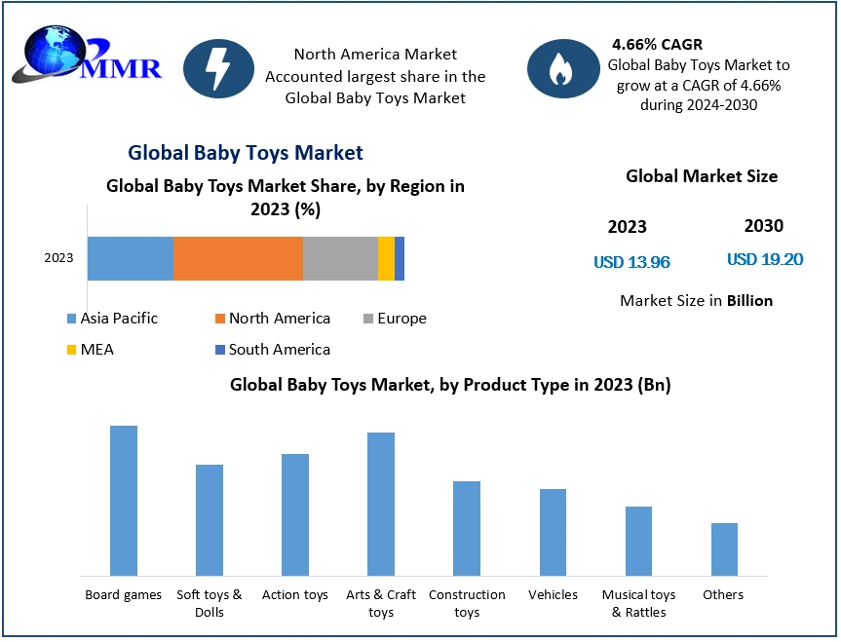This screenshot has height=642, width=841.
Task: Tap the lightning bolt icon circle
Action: tap(218, 68)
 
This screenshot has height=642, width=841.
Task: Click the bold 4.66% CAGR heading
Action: tap(657, 45)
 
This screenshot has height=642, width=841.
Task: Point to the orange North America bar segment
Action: tap(238, 258)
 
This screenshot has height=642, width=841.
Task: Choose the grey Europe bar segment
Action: tap(340, 258)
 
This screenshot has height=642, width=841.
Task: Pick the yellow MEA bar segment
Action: tap(386, 258)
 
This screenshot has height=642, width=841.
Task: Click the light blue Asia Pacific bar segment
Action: tap(131, 258)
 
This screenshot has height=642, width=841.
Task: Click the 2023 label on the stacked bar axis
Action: tap(58, 258)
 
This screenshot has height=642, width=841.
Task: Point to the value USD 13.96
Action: tap(631, 262)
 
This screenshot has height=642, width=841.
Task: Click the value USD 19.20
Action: tap(765, 260)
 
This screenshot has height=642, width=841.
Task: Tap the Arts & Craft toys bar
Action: tap(381, 504)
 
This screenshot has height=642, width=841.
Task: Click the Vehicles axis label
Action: tap(553, 594)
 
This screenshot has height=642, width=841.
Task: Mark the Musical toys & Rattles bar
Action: tap(638, 541)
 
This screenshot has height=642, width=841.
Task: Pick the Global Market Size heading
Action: tap(702, 176)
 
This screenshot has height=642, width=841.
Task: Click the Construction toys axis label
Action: tap(467, 603)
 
